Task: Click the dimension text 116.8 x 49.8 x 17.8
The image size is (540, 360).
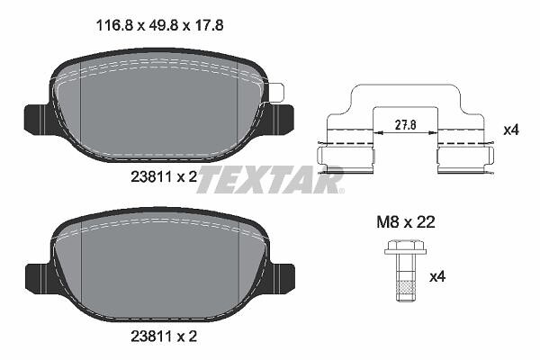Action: click(x=160, y=25)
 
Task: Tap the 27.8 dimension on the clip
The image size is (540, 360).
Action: click(x=405, y=124)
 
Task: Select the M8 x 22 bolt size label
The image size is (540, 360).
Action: click(x=406, y=222)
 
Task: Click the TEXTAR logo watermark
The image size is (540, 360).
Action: click(x=270, y=179)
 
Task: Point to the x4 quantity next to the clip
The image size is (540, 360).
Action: click(x=511, y=130)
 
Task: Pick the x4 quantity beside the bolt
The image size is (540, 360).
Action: click(x=437, y=276)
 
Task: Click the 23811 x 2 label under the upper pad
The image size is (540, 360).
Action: click(x=164, y=177)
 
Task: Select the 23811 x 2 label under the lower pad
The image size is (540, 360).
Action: click(x=164, y=337)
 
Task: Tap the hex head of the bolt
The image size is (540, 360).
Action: click(x=405, y=247)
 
